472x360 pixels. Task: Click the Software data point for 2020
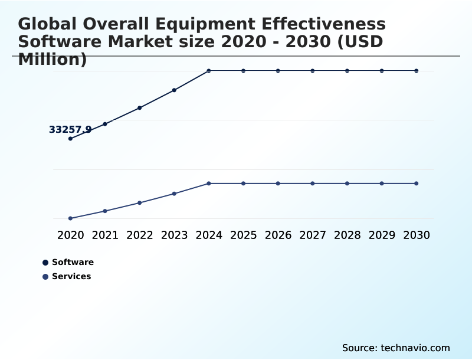point(70,139)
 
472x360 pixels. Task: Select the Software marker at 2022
point(140,108)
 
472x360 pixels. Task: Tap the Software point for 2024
point(209,71)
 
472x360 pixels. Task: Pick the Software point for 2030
point(417,71)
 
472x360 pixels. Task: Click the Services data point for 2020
point(70,218)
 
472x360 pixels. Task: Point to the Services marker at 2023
point(174,194)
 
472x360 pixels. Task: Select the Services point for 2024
point(209,184)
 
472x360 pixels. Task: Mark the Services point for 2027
point(313,184)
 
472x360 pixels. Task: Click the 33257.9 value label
point(70,129)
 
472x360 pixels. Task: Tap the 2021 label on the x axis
point(105,235)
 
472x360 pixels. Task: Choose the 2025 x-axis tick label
point(243,235)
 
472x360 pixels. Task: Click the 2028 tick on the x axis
point(347,235)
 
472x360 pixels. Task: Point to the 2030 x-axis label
point(417,235)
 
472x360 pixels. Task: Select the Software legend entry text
point(73,262)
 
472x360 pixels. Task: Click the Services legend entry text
point(71,276)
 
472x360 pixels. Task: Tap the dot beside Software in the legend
point(45,263)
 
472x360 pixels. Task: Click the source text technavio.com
point(415,348)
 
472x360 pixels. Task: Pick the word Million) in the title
point(53,60)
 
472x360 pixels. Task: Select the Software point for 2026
point(278,71)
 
